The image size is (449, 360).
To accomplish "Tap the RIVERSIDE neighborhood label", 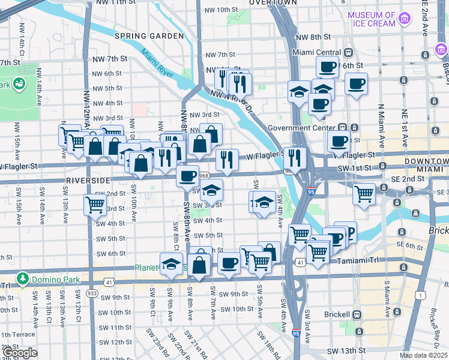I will pyautogui.click(x=88, y=180).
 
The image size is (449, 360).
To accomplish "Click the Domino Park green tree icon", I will pyautogui.click(x=22, y=278).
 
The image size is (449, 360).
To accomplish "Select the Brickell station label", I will pyautogui.click(x=335, y=314).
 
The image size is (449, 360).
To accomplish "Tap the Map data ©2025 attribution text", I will pyautogui.click(x=424, y=355).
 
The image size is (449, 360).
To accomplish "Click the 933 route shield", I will pyautogui.click(x=92, y=293).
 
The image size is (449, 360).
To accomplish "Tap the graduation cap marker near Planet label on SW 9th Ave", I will pyautogui.click(x=171, y=263).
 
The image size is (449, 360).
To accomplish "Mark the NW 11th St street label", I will pyautogui.click(x=115, y=2).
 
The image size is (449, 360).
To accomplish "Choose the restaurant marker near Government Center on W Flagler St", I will pyautogui.click(x=294, y=157).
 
